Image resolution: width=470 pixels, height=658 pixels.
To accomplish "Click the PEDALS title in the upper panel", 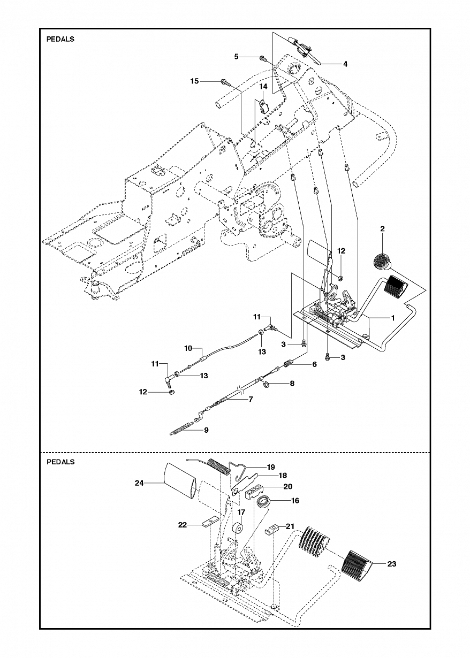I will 60,39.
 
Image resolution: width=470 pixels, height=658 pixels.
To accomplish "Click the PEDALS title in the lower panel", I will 60,462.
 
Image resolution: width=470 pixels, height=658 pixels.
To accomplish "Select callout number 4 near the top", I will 345,64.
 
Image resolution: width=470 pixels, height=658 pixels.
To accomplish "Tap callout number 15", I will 194,81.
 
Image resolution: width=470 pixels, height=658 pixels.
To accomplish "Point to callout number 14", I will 263,86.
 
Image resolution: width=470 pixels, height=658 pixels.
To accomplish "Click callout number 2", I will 382,228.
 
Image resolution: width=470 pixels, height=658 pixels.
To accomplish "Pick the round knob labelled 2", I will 382,262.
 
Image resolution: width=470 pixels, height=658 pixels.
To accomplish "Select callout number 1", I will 392,317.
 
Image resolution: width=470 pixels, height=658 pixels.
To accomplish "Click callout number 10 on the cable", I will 188,348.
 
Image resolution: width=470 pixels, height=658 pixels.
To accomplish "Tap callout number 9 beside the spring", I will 206,430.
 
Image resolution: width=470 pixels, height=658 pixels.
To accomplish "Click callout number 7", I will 251,399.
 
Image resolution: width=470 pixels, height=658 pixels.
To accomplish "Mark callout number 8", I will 292,383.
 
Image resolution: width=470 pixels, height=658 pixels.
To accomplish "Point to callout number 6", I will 314,364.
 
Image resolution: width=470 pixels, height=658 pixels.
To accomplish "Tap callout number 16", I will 295,501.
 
